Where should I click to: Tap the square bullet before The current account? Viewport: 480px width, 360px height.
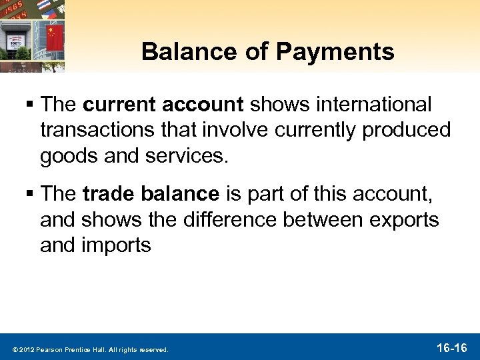click(31, 105)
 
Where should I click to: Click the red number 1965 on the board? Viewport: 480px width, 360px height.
click(28, 9)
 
